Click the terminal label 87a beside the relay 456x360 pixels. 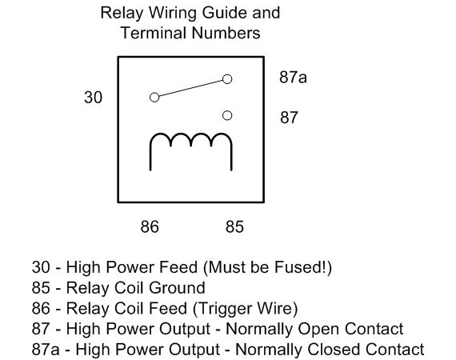(293, 78)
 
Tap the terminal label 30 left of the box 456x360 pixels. (93, 97)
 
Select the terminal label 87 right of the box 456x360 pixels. (289, 118)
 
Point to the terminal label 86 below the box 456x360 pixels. (150, 226)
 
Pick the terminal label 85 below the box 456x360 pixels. (234, 226)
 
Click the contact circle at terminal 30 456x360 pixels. (154, 98)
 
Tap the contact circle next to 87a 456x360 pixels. (227, 79)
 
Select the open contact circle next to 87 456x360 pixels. (227, 116)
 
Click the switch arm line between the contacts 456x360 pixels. (190, 88)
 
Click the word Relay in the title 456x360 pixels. (122, 14)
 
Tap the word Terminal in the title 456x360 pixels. (154, 33)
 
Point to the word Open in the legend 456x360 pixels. (319, 330)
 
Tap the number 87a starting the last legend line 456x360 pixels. (46, 350)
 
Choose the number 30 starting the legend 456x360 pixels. (41, 267)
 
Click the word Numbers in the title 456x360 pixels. (226, 33)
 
